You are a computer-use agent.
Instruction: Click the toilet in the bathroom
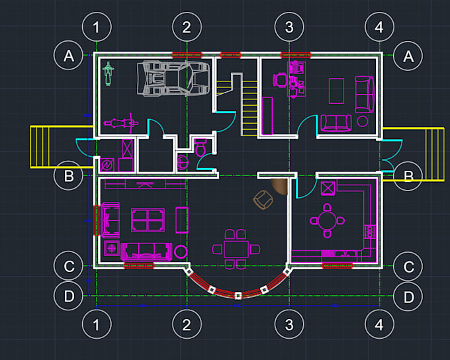tap(200, 148)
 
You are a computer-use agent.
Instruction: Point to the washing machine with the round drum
tap(108, 165)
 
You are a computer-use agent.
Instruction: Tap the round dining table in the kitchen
tap(326, 219)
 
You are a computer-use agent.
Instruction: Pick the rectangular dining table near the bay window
tap(236, 249)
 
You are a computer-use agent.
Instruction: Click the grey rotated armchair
tap(264, 199)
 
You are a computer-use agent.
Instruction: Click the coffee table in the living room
tap(148, 220)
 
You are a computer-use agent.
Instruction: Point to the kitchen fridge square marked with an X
tap(328, 188)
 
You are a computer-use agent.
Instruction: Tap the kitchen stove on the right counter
tap(370, 232)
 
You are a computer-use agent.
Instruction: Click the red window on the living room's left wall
tap(96, 220)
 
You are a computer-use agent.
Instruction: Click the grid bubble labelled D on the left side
tap(69, 296)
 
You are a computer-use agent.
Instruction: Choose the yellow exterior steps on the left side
tap(45, 148)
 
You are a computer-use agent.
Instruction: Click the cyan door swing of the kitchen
tap(304, 187)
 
